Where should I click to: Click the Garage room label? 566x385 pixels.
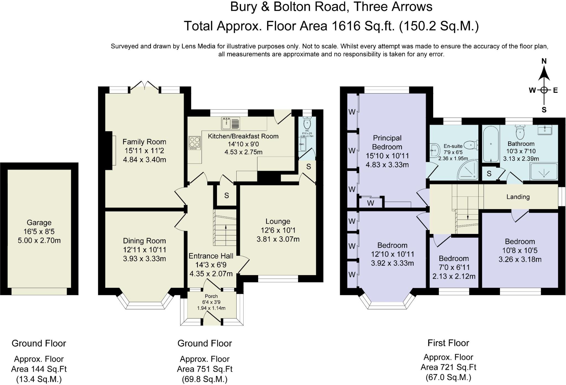[39, 223]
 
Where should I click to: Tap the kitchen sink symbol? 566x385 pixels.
[230, 123]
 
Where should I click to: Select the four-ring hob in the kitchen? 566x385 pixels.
[194, 143]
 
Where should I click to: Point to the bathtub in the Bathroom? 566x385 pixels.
[491, 144]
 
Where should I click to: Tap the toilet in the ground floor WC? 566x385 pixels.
[307, 123]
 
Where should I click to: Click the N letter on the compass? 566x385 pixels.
[544, 61]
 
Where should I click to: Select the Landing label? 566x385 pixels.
[518, 197]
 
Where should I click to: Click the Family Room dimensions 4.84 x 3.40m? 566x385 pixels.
[144, 160]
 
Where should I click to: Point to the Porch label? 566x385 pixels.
[211, 296]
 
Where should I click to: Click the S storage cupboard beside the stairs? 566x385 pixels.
[227, 196]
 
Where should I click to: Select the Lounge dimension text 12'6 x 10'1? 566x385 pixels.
[278, 230]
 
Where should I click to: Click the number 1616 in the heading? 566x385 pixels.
[346, 26]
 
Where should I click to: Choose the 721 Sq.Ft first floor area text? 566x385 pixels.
[448, 367]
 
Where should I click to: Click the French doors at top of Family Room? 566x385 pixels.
[145, 86]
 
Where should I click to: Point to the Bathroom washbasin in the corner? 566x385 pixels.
[544, 130]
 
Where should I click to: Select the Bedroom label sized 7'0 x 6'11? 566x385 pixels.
[454, 259]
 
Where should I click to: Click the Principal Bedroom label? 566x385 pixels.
[387, 142]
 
